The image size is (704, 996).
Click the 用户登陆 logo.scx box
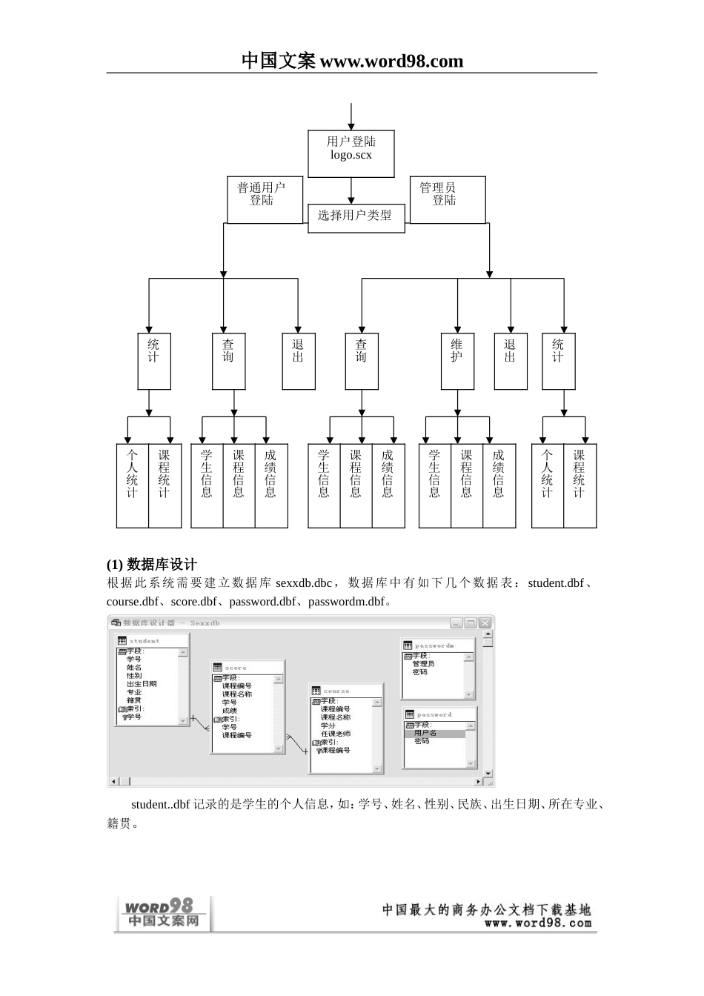coord(351,154)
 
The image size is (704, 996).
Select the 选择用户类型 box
coord(356,217)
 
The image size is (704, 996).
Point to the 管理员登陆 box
coord(448,199)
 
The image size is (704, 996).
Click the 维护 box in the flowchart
coord(457,361)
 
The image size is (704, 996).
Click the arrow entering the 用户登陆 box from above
coord(351,116)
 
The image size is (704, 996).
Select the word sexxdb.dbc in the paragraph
coord(304,583)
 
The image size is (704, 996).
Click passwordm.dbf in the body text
coord(347,602)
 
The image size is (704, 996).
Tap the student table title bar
coord(151,640)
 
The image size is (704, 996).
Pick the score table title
coord(246,668)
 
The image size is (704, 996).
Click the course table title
coord(345,691)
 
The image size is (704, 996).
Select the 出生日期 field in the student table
coord(142,684)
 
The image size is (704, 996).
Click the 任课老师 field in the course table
coord(336,734)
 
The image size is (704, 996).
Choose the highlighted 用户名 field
coord(426,733)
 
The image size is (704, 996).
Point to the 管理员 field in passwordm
coord(423,664)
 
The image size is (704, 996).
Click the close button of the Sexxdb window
coord(485,623)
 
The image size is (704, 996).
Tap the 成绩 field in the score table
coord(230,711)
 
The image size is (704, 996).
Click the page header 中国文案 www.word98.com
coord(352,61)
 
